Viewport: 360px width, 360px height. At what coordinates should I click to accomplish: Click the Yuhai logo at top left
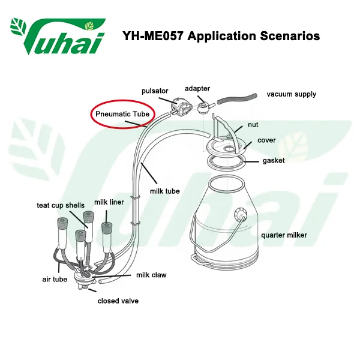(58, 36)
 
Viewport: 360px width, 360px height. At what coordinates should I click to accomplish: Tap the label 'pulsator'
(154, 91)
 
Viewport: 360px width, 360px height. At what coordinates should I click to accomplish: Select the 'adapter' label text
(197, 88)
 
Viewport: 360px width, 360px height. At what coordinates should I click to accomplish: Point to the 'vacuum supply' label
(291, 94)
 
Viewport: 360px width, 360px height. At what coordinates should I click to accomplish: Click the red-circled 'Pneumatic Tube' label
(122, 113)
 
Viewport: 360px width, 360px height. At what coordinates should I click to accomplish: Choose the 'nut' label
(254, 126)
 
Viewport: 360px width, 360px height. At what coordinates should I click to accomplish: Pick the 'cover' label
(266, 140)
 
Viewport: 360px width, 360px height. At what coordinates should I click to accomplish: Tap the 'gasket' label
(273, 161)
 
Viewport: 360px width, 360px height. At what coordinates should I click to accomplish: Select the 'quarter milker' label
(283, 235)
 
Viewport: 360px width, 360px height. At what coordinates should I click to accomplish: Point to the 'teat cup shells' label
(61, 205)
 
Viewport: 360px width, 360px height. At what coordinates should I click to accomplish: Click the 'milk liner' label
(109, 202)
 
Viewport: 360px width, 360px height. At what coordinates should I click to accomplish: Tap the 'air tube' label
(55, 279)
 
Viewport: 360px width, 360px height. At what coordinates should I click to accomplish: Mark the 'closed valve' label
(118, 301)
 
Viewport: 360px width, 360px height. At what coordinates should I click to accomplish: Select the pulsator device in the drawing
(178, 107)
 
